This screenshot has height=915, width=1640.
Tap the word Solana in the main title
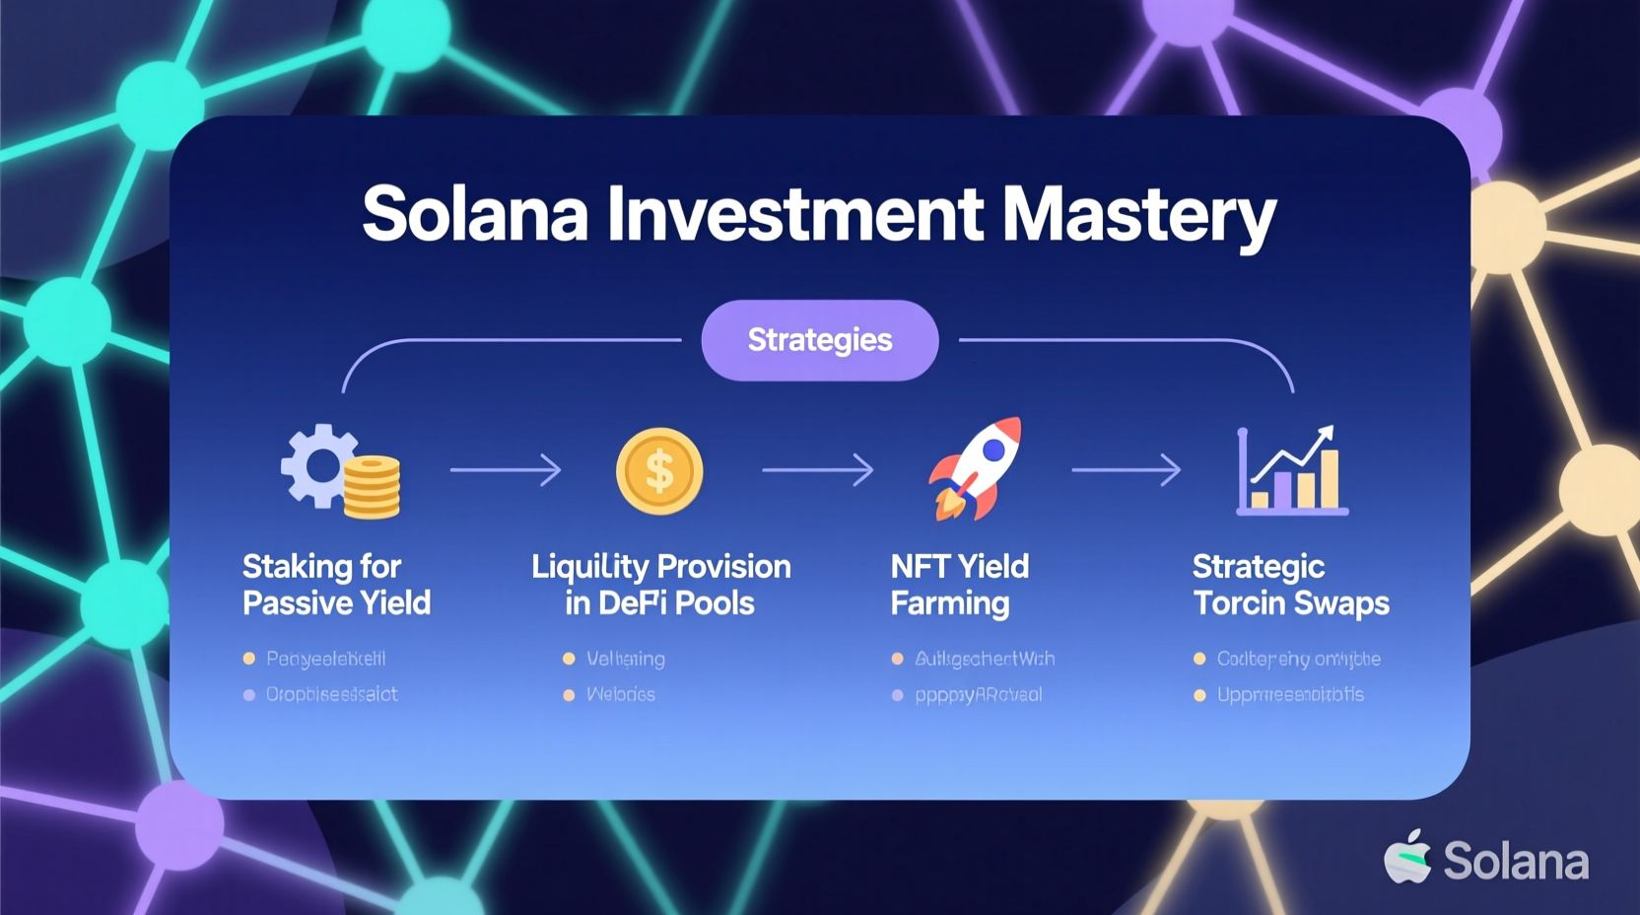coord(475,214)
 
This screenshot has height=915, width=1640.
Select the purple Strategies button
coord(819,340)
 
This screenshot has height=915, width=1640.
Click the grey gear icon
coord(318,465)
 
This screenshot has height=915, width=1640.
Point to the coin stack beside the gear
coord(372,487)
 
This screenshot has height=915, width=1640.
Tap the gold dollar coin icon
coord(659,471)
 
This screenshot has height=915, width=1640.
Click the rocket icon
coord(977,467)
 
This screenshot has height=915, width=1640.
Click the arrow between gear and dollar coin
coord(506,469)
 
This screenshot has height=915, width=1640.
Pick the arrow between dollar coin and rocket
coord(817,469)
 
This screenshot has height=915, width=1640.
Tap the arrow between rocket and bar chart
coord(1127,469)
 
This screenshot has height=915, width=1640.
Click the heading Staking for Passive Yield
coord(336,585)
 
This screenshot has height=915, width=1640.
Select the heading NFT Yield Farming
coord(959,585)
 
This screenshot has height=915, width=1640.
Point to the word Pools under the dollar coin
coord(715,603)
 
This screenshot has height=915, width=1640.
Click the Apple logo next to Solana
coord(1408,857)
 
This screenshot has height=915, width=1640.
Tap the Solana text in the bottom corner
coord(1516,862)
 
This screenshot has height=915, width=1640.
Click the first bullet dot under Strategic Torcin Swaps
coord(1199,659)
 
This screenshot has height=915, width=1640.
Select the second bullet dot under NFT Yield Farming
coord(897,695)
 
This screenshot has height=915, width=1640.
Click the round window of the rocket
coord(994,450)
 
